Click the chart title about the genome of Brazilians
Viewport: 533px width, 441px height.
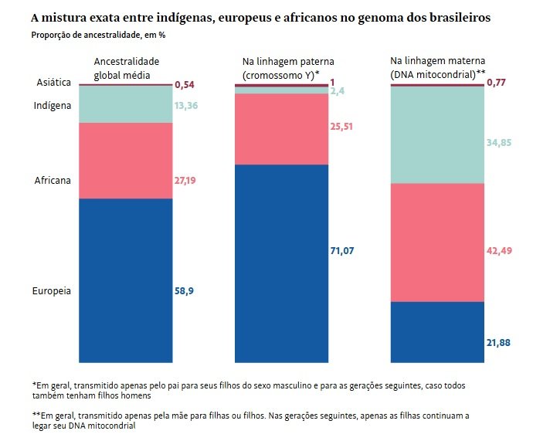(260, 16)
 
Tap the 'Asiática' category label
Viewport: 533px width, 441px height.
(54, 83)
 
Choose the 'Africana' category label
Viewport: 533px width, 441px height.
(53, 181)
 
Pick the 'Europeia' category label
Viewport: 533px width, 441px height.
(52, 291)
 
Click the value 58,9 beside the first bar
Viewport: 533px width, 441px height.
(184, 291)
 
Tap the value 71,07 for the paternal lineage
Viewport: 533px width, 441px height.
(343, 251)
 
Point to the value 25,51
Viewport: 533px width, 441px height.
(342, 127)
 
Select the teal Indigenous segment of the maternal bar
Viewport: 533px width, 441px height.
(437, 134)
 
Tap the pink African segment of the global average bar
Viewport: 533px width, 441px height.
(125, 160)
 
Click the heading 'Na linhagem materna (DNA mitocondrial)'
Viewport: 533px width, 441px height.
(437, 68)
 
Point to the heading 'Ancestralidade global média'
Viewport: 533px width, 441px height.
(127, 68)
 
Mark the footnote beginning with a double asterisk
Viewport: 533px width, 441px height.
(249, 419)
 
